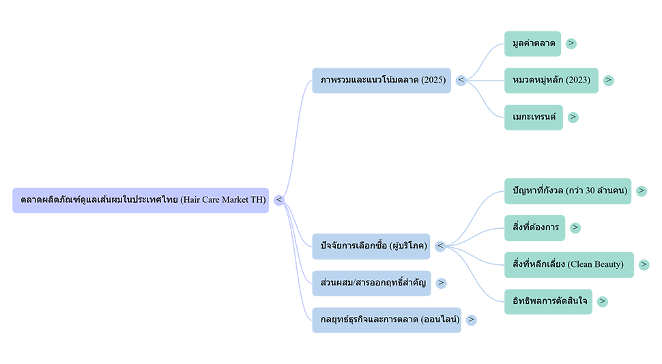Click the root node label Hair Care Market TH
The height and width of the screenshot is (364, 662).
pos(143,199)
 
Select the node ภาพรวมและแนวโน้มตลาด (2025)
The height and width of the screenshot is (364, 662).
pos(383,80)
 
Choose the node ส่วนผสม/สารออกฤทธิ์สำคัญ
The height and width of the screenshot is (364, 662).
pos(373,282)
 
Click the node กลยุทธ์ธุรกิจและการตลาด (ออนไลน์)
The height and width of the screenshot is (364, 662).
pos(390,319)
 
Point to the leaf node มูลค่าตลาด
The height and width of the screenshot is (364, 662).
pos(534,43)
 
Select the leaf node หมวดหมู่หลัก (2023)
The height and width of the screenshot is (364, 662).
pos(551,80)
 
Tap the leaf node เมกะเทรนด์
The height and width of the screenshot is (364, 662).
pos(534,117)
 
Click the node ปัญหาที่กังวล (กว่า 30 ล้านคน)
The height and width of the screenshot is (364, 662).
pos(569,190)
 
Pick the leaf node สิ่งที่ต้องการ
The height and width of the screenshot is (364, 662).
pos(536,227)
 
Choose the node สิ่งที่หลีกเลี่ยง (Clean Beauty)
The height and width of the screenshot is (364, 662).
pos(568,264)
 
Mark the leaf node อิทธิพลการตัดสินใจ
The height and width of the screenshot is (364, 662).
pos(550,300)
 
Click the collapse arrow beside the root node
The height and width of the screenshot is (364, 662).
pos(278,199)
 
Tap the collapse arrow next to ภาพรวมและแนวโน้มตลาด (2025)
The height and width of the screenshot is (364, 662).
pos(462,80)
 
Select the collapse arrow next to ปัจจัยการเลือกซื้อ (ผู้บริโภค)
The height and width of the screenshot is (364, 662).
pos(440,246)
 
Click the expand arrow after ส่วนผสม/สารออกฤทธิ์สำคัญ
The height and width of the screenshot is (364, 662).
pos(441,282)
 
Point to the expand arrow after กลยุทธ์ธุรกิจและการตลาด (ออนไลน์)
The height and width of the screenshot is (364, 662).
pos(471,319)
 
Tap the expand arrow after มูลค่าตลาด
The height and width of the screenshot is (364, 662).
pos(571,43)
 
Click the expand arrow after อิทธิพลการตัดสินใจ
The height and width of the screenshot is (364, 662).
pos(603,300)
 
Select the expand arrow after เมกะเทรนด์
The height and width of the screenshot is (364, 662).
pos(573,117)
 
